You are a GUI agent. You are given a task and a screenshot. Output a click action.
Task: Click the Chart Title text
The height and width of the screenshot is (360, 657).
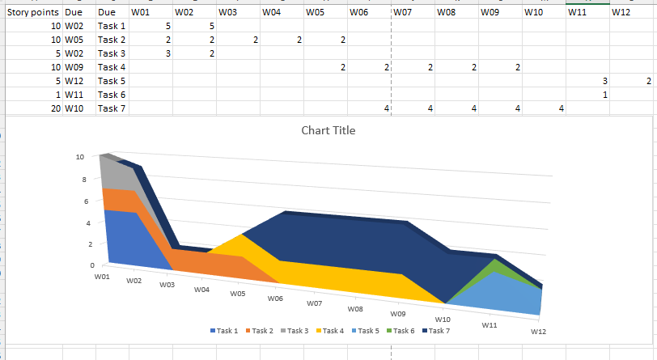click(328, 130)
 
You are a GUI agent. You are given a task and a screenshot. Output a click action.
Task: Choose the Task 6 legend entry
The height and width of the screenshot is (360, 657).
click(401, 330)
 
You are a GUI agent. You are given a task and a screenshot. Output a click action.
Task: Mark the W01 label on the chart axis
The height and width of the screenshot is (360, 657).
click(101, 277)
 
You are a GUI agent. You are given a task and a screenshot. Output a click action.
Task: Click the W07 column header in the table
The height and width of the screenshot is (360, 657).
click(404, 13)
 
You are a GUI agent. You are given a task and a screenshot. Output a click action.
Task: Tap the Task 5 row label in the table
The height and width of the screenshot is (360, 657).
click(112, 81)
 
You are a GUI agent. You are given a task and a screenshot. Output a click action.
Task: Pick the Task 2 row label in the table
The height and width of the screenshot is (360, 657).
click(112, 40)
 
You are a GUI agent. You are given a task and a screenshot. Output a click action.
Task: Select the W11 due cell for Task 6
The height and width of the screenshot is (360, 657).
click(74, 95)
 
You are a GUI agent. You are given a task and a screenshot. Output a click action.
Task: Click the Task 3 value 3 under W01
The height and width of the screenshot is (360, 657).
click(167, 53)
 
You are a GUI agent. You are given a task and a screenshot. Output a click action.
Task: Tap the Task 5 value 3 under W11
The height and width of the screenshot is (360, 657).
click(604, 81)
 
